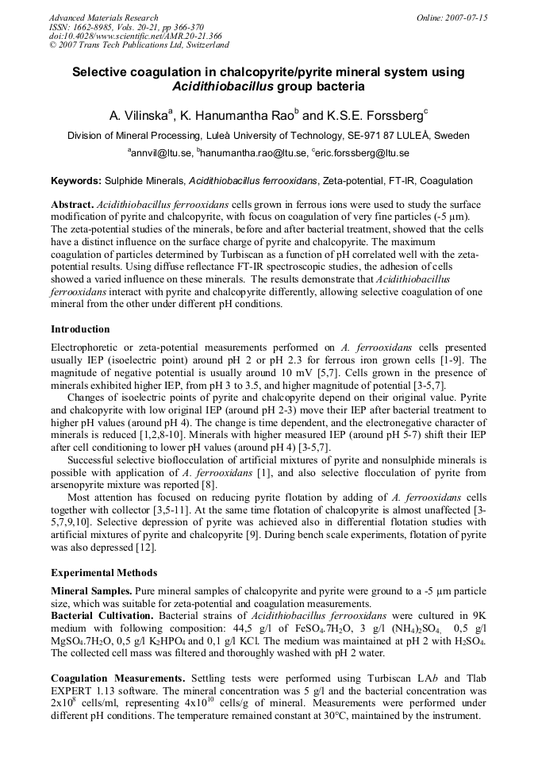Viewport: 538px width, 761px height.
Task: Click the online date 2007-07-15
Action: (467, 17)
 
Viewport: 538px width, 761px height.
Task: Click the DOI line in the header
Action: (136, 36)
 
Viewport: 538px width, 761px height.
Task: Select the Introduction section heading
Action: (80, 329)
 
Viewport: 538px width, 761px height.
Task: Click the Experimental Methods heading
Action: (104, 573)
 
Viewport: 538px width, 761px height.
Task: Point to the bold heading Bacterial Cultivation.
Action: (102, 615)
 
